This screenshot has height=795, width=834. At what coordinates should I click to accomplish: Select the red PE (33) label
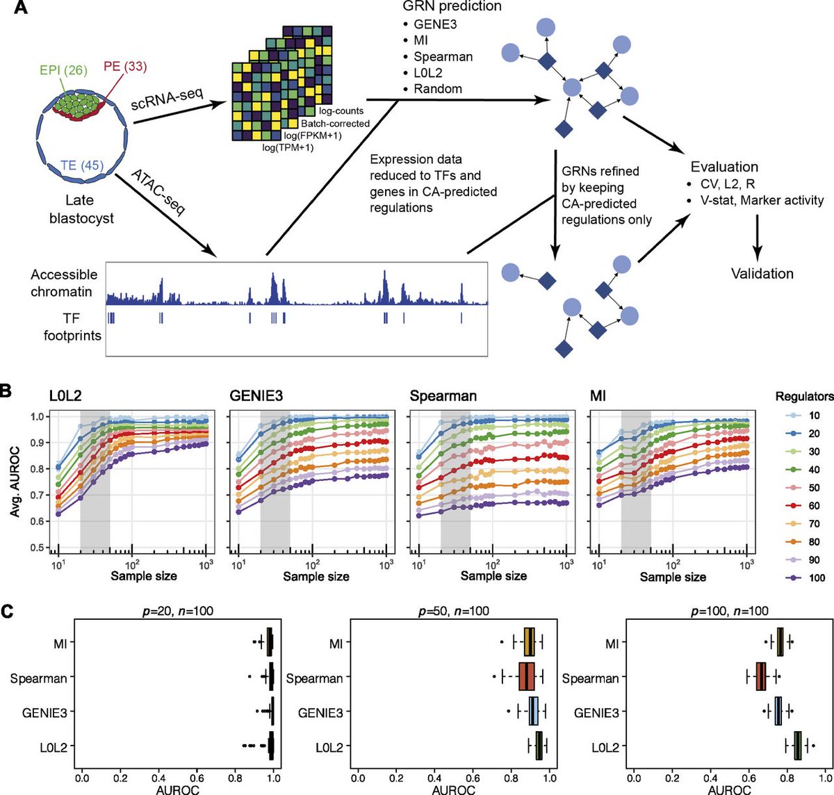[x=125, y=67]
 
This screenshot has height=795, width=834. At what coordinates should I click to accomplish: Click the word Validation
[x=762, y=273]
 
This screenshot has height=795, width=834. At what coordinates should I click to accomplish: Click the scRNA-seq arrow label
[x=167, y=101]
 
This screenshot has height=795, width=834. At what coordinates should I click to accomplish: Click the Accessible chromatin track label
[x=64, y=283]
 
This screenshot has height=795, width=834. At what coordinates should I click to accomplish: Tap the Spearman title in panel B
[x=443, y=397]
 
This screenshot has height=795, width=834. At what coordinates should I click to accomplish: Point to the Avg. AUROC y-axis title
[x=13, y=482]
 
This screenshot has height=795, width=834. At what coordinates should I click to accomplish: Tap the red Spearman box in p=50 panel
[x=528, y=677]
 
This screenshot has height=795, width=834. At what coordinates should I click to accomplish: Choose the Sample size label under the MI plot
[x=673, y=577]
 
